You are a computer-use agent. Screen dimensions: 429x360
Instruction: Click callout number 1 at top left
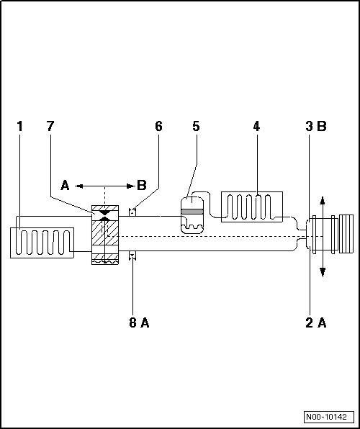[20, 127]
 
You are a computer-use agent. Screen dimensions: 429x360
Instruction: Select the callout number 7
[50, 127]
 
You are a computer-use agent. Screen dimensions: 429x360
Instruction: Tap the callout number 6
[158, 127]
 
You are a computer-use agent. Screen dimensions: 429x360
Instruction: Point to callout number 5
[196, 127]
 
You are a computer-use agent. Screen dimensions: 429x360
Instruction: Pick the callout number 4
[256, 127]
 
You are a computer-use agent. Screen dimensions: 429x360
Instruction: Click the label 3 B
[316, 127]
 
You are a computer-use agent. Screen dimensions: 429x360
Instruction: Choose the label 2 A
[316, 323]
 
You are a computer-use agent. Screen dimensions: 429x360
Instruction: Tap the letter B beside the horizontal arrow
[141, 186]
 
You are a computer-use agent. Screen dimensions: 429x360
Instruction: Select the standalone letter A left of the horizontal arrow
[65, 186]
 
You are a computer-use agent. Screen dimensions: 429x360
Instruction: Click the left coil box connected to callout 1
[42, 243]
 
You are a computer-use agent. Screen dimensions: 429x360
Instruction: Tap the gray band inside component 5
[193, 212]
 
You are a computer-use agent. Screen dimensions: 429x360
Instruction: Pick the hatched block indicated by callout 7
[105, 236]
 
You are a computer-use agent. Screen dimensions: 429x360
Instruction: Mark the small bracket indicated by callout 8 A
[132, 256]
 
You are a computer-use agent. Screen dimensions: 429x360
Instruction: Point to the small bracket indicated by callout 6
[132, 212]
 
